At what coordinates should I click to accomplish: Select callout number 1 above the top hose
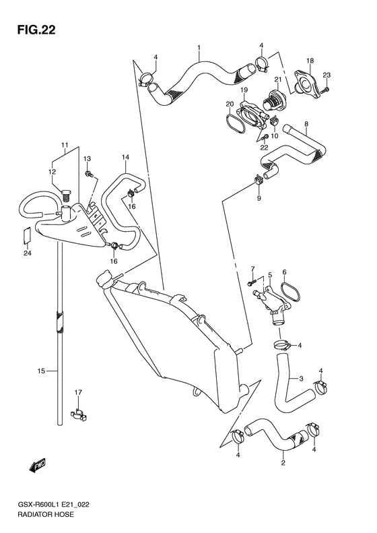pyautogui.click(x=199, y=48)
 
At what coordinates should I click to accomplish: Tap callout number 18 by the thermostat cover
pyautogui.click(x=310, y=61)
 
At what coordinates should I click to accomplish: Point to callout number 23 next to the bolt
pyautogui.click(x=327, y=75)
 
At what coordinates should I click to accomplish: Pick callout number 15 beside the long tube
pyautogui.click(x=41, y=371)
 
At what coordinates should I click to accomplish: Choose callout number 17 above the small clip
pyautogui.click(x=79, y=393)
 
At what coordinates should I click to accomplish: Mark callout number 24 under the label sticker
pyautogui.click(x=28, y=254)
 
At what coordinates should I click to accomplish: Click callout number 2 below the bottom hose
pyautogui.click(x=283, y=463)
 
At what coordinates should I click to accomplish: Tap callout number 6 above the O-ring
pyautogui.click(x=284, y=272)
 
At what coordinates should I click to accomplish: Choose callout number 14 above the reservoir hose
pyautogui.click(x=125, y=158)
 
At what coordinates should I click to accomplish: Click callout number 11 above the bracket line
pyautogui.click(x=65, y=146)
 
